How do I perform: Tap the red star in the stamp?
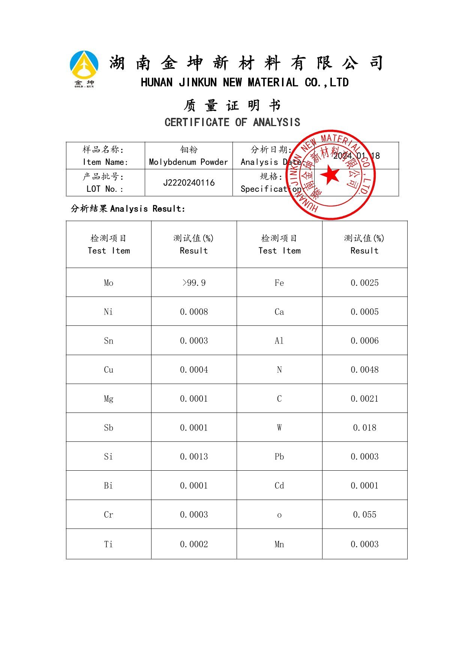click(x=330, y=175)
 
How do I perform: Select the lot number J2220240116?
click(x=189, y=183)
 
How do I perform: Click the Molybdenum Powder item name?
click(x=188, y=162)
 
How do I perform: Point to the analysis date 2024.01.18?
click(x=356, y=156)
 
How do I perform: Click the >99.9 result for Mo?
click(x=194, y=283)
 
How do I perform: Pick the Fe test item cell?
click(x=279, y=283)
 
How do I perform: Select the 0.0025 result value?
click(x=364, y=283)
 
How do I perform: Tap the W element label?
click(x=279, y=428)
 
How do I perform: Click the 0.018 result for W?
click(x=364, y=428)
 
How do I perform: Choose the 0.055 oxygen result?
click(x=364, y=515)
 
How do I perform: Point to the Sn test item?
click(x=108, y=341)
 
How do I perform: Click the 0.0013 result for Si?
click(x=194, y=457)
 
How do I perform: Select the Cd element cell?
click(x=279, y=486)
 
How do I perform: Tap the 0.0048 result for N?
click(x=364, y=370)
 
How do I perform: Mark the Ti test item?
click(x=108, y=544)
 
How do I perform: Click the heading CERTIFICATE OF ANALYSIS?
click(x=232, y=122)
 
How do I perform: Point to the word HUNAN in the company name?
click(x=157, y=83)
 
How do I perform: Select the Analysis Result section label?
click(x=128, y=209)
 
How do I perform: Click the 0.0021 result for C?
click(x=364, y=399)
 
